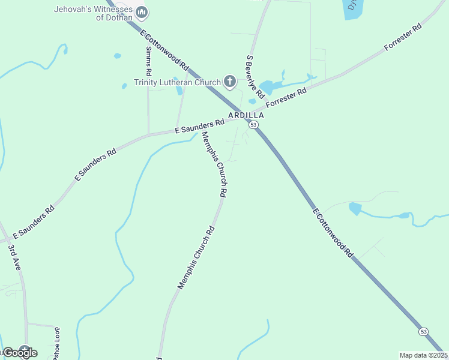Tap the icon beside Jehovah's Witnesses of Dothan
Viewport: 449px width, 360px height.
tap(142, 12)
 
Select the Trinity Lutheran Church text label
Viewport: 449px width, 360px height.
tap(177, 82)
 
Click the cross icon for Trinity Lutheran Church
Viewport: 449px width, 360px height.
tap(229, 81)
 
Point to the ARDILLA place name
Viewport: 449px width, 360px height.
tap(246, 115)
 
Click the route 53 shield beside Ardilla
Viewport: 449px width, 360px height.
tap(254, 125)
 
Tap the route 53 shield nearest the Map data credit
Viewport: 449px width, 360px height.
tap(424, 332)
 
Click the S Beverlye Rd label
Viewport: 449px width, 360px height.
tap(255, 77)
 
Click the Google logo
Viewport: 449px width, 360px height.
tap(20, 353)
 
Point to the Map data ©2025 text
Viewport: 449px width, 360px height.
tap(423, 355)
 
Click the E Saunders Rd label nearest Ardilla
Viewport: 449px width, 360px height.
tap(199, 126)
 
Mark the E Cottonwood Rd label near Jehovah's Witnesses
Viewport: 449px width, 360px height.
tap(164, 49)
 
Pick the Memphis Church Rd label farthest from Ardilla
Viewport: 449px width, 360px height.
tap(196, 258)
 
